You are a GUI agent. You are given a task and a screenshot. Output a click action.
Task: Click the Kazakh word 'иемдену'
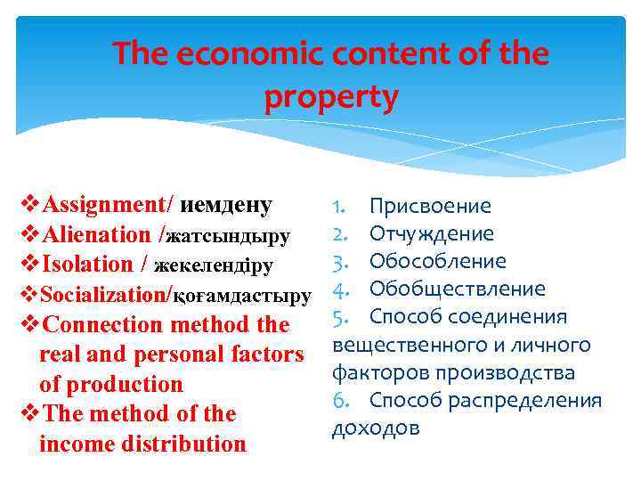point(226,205)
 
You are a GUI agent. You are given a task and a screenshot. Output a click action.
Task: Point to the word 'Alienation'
point(96,235)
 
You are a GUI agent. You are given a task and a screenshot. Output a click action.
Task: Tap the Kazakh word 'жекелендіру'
point(214,265)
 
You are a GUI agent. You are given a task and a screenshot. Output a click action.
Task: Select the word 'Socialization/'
point(106,295)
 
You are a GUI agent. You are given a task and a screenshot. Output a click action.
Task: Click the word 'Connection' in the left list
point(106,324)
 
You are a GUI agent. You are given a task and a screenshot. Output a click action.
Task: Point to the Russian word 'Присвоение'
point(430,207)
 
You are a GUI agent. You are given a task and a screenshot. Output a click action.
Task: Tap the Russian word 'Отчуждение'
point(431,234)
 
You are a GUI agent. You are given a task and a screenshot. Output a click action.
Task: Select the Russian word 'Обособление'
point(437,262)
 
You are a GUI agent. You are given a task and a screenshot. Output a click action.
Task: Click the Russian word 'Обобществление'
point(457,289)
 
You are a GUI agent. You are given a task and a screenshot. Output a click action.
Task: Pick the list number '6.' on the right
point(344,400)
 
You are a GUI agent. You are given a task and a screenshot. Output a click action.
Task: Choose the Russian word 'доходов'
point(375,428)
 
